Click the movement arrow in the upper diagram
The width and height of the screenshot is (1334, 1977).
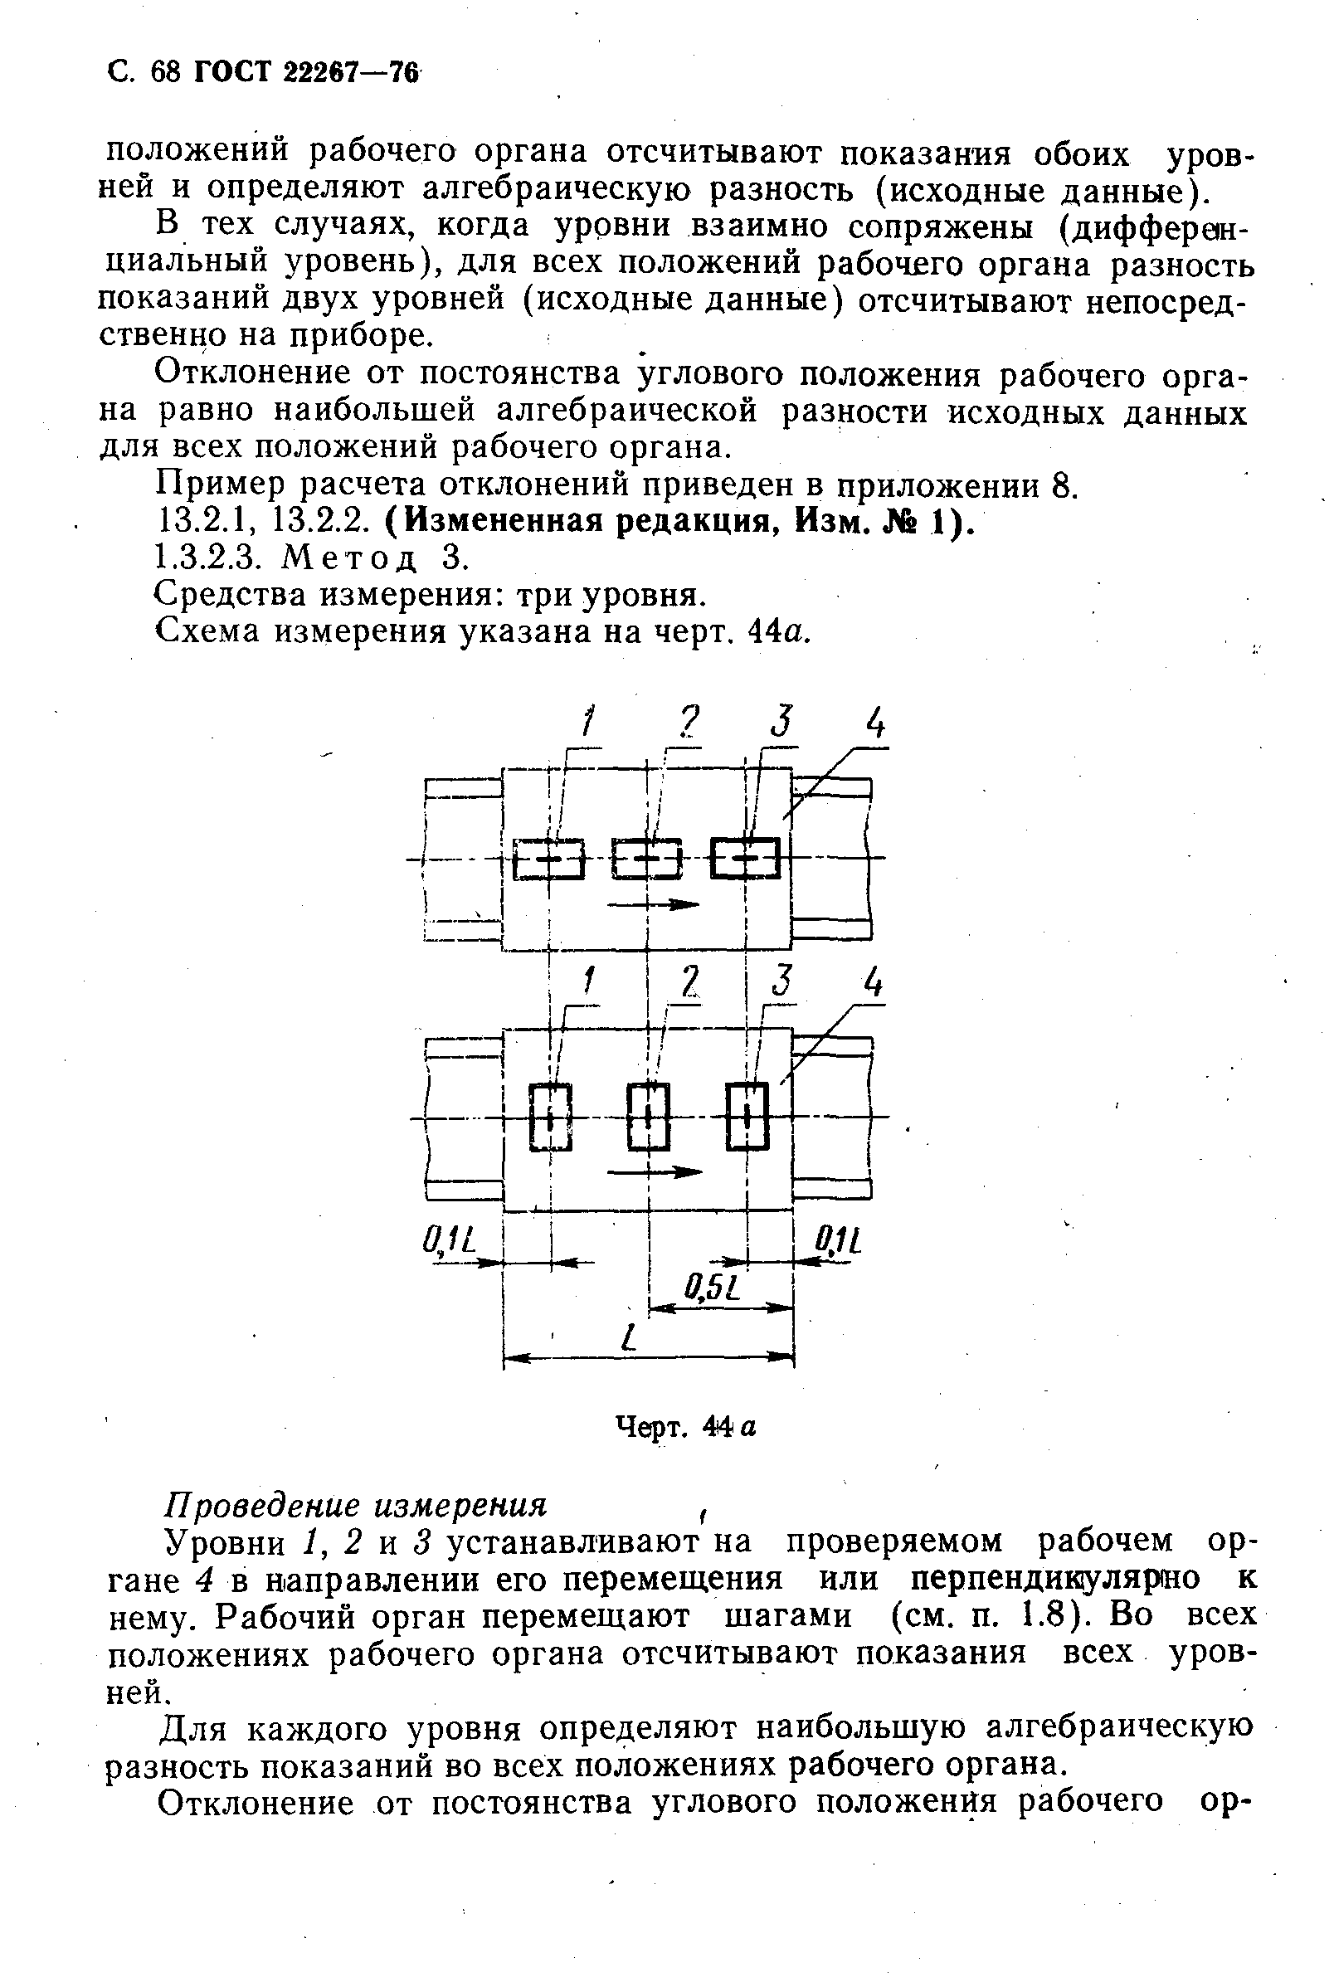[x=654, y=904]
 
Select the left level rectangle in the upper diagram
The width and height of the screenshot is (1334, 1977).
[x=549, y=859]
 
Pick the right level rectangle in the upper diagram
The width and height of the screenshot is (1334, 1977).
[x=745, y=859]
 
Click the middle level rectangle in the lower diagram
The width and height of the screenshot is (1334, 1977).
[x=648, y=1116]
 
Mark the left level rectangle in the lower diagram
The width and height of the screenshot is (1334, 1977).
[x=551, y=1116]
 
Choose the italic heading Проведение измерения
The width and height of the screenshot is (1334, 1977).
[x=355, y=1505]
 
